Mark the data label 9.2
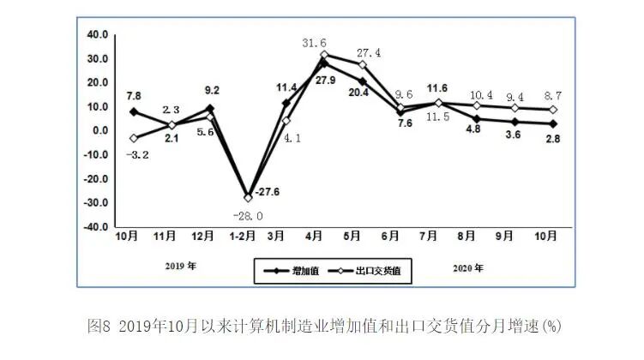tap(212, 89)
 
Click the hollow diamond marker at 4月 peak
tap(324, 55)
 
